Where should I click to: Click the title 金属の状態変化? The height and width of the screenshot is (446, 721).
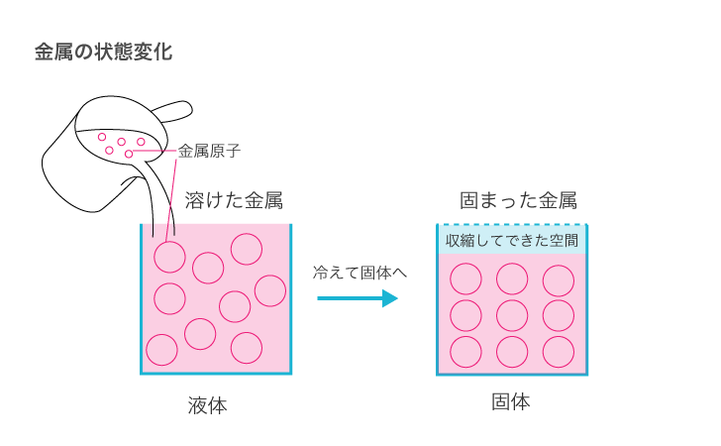pos(103,53)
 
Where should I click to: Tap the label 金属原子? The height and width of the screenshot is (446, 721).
pos(210,152)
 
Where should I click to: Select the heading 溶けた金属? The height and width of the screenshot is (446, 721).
pos(234,201)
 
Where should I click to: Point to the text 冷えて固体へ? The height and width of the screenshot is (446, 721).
pos(360,271)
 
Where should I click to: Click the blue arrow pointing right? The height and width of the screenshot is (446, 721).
pos(358,298)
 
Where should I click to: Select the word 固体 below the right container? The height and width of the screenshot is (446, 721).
pos(511,402)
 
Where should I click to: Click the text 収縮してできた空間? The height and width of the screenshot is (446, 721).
pos(512,240)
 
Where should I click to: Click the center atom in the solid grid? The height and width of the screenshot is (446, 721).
pos(512,315)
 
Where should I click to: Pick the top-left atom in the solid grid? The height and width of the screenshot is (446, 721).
pos(465,279)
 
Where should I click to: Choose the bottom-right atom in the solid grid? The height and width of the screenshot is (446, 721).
pos(559,351)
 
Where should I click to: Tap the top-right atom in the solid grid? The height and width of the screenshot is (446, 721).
pos(559,279)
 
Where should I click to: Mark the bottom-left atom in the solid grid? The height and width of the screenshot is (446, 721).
pos(465,351)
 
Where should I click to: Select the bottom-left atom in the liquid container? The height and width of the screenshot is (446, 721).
pos(161,350)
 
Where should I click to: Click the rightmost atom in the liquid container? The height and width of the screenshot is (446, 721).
pos(270,290)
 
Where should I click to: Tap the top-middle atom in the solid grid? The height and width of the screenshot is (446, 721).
pos(512,279)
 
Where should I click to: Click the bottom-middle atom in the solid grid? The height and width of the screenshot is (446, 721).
pos(512,351)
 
